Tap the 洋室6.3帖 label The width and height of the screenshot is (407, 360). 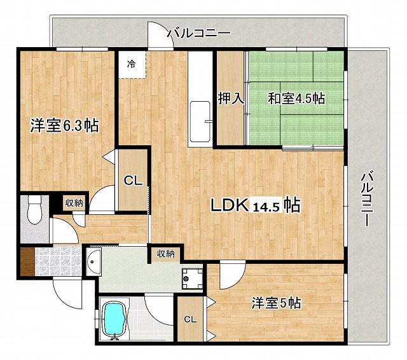pyautogui.click(x=64, y=125)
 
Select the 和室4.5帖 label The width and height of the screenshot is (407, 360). pyautogui.click(x=296, y=99)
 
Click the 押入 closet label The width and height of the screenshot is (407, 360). pyautogui.click(x=231, y=99)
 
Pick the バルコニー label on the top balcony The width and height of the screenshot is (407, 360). pyautogui.click(x=197, y=34)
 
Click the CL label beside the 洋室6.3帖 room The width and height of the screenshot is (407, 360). pyautogui.click(x=132, y=181)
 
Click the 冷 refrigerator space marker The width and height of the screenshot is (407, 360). pyautogui.click(x=131, y=64)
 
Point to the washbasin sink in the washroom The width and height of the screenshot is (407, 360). pyautogui.click(x=95, y=261)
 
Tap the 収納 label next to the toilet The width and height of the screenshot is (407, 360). pyautogui.click(x=74, y=203)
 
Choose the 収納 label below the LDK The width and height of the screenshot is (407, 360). pyautogui.click(x=165, y=254)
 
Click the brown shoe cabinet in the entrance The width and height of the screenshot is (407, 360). pyautogui.click(x=26, y=261)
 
